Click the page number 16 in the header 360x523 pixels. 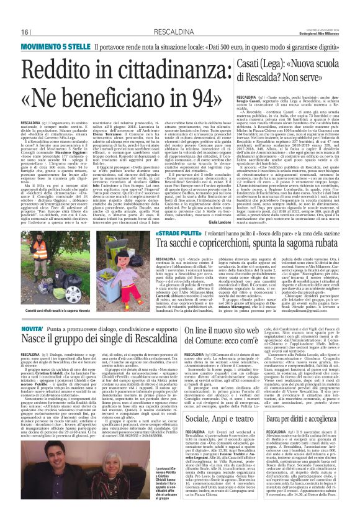pos(26,32)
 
